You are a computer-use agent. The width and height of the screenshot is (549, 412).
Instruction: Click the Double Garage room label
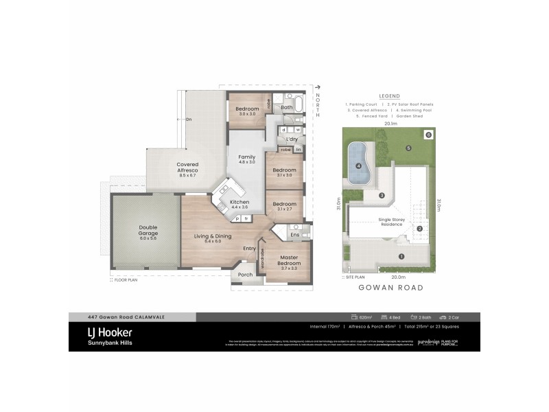(148, 231)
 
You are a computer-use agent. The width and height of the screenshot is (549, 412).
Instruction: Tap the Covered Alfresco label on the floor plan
(187, 168)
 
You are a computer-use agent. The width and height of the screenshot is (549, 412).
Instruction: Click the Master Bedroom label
(288, 262)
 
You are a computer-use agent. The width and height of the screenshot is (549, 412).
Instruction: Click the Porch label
(245, 274)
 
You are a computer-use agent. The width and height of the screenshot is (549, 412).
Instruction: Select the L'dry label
(291, 139)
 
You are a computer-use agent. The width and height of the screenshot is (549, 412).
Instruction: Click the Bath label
(287, 108)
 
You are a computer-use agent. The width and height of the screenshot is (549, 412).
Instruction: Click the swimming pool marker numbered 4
(358, 165)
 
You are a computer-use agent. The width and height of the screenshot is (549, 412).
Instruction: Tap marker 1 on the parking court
(401, 257)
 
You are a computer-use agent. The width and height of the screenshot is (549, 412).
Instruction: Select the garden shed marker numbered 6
(428, 135)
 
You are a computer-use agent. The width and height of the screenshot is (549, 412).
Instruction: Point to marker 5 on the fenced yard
(408, 148)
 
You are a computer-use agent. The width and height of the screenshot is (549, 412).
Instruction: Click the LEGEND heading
(389, 96)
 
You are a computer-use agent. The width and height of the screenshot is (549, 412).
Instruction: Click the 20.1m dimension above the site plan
(390, 124)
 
